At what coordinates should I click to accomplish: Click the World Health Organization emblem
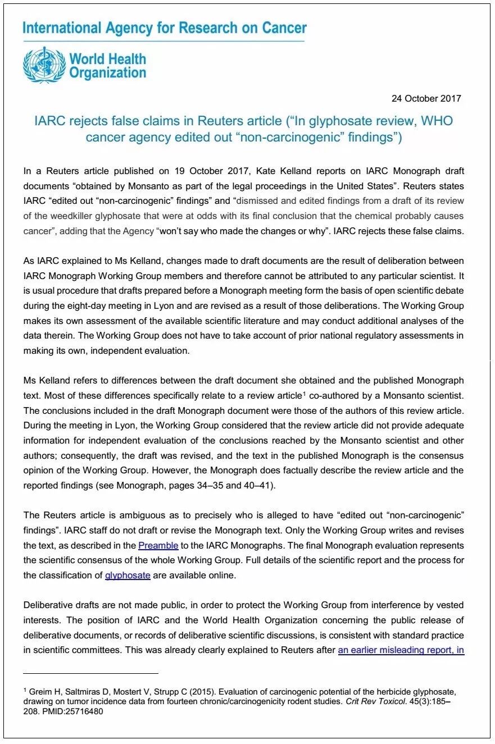click(44, 65)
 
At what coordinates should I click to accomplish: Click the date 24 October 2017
click(426, 98)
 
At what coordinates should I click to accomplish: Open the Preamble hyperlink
click(158, 545)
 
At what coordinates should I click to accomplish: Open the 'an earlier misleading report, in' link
click(401, 651)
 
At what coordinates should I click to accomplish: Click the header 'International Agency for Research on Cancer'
click(165, 28)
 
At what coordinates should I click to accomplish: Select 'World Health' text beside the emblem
click(107, 59)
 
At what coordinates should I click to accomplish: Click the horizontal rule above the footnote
click(90, 673)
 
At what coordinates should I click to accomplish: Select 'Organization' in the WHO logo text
click(107, 72)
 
